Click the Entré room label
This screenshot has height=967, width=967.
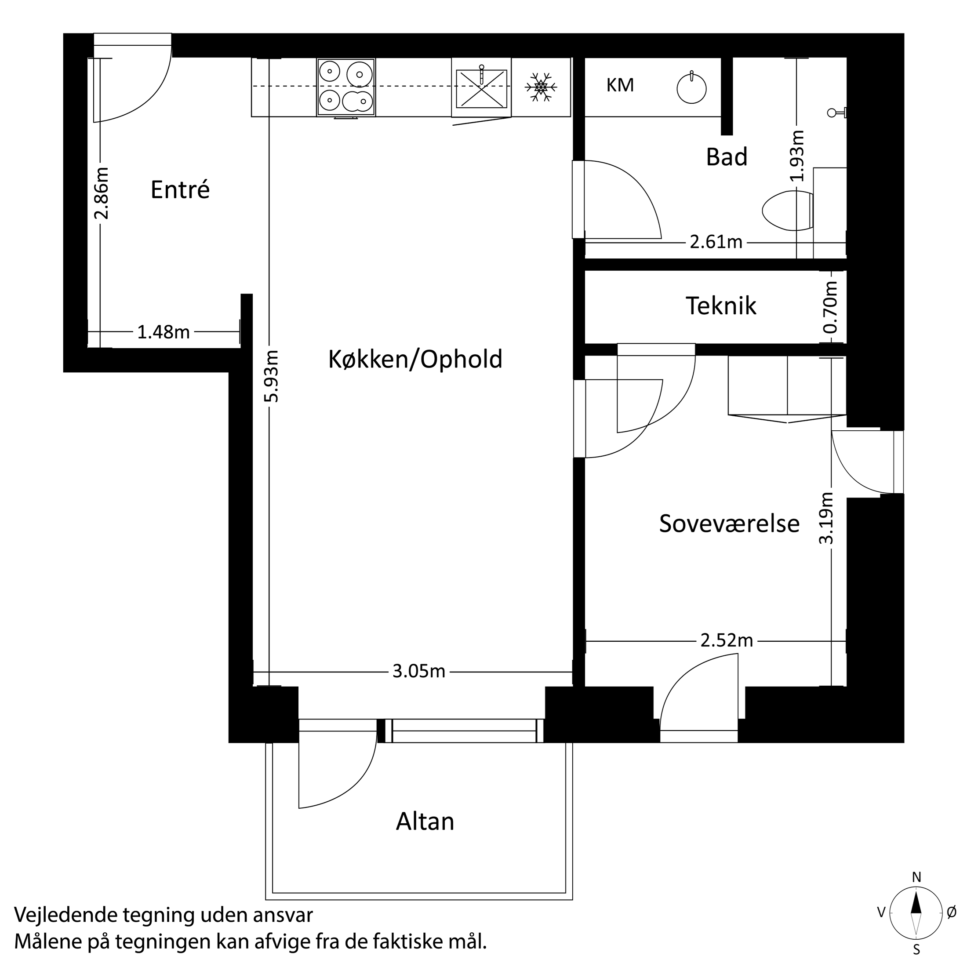point(180,190)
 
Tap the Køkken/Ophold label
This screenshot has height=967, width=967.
point(415,360)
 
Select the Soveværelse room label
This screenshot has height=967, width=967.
point(729,523)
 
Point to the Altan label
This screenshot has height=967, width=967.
point(425,822)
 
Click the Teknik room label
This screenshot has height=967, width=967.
point(721,306)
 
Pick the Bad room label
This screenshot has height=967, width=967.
point(726,156)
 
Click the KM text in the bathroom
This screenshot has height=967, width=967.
point(620,86)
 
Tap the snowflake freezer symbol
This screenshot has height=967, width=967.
point(541,87)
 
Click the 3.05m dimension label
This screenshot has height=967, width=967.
point(418,671)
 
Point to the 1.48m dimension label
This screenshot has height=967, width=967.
point(163,332)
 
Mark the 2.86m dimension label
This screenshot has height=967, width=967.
point(102,193)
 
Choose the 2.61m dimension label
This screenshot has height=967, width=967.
point(716,242)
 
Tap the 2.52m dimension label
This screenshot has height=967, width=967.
point(726,641)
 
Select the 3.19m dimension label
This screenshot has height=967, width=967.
point(826,518)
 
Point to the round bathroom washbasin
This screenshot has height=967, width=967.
point(691,89)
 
